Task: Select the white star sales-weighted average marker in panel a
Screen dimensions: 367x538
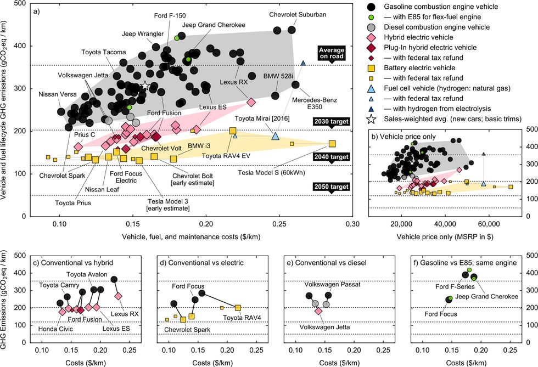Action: [x=145, y=85]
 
